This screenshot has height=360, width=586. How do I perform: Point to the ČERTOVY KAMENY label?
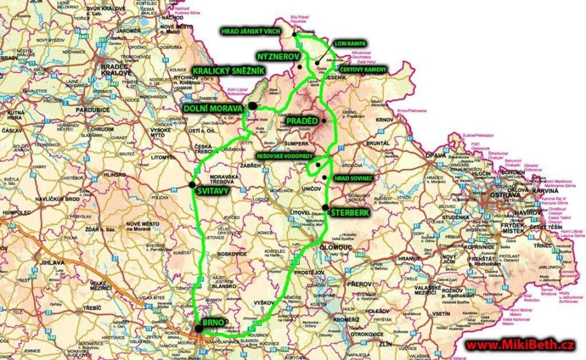click(360, 69)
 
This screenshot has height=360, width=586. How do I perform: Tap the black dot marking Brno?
click(199, 329)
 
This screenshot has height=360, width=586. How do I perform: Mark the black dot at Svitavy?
click(192, 185)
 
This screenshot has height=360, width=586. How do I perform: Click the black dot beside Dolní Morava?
click(253, 105)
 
